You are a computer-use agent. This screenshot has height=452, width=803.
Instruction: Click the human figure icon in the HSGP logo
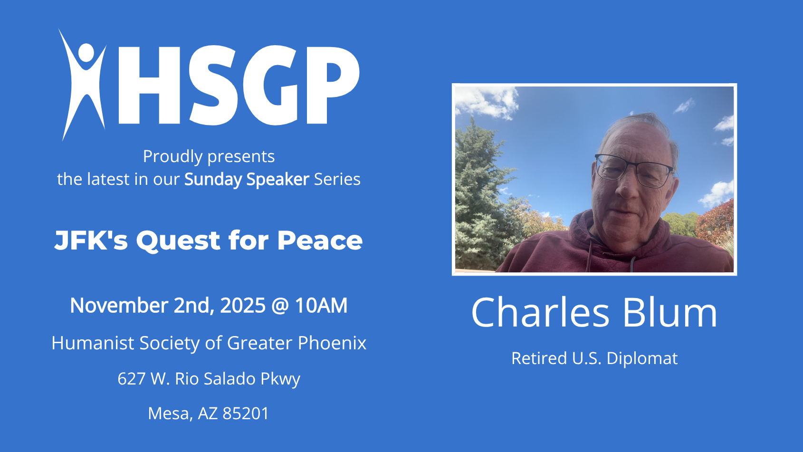tap(83, 84)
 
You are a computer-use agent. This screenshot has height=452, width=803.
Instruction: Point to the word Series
tap(337, 179)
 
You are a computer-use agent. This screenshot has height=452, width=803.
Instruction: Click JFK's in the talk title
tap(91, 240)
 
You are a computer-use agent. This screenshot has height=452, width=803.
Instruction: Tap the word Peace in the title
tap(320, 240)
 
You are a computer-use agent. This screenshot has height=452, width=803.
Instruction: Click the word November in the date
tap(119, 305)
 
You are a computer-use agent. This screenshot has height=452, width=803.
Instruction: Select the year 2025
tap(243, 305)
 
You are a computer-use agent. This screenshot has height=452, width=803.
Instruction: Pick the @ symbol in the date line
tap(280, 306)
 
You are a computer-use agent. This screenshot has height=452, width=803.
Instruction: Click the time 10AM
tap(321, 305)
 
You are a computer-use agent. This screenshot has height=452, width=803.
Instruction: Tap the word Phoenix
tap(332, 343)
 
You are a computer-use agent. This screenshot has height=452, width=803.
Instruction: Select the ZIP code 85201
tap(246, 413)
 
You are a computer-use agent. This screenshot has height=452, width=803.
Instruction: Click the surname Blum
tap(669, 312)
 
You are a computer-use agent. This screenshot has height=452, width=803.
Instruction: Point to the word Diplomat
tap(641, 358)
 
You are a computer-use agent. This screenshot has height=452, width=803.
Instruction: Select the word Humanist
tap(92, 343)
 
